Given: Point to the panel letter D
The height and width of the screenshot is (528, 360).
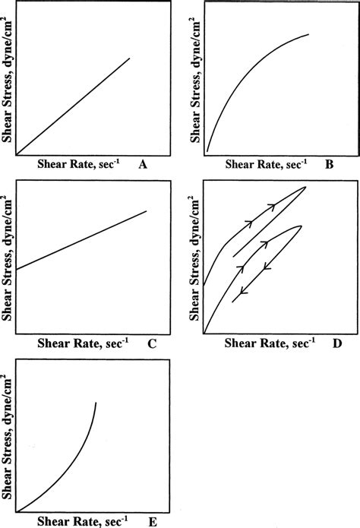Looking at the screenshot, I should tap(336, 344).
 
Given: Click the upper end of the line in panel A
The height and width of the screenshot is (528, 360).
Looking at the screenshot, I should tap(130, 58).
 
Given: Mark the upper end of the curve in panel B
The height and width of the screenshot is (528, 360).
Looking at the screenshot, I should tap(309, 34).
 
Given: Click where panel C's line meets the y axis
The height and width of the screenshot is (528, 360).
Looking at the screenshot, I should tap(17, 269).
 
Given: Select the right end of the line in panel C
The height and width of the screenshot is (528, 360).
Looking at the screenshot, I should tap(146, 211).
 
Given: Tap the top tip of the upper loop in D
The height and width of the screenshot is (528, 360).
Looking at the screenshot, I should tap(305, 187).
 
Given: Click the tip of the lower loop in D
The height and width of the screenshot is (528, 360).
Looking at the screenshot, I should tap(302, 225).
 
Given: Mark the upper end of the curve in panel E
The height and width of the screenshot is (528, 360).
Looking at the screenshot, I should tap(96, 402).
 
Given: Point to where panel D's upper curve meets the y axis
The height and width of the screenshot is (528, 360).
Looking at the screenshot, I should tap(205, 286).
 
